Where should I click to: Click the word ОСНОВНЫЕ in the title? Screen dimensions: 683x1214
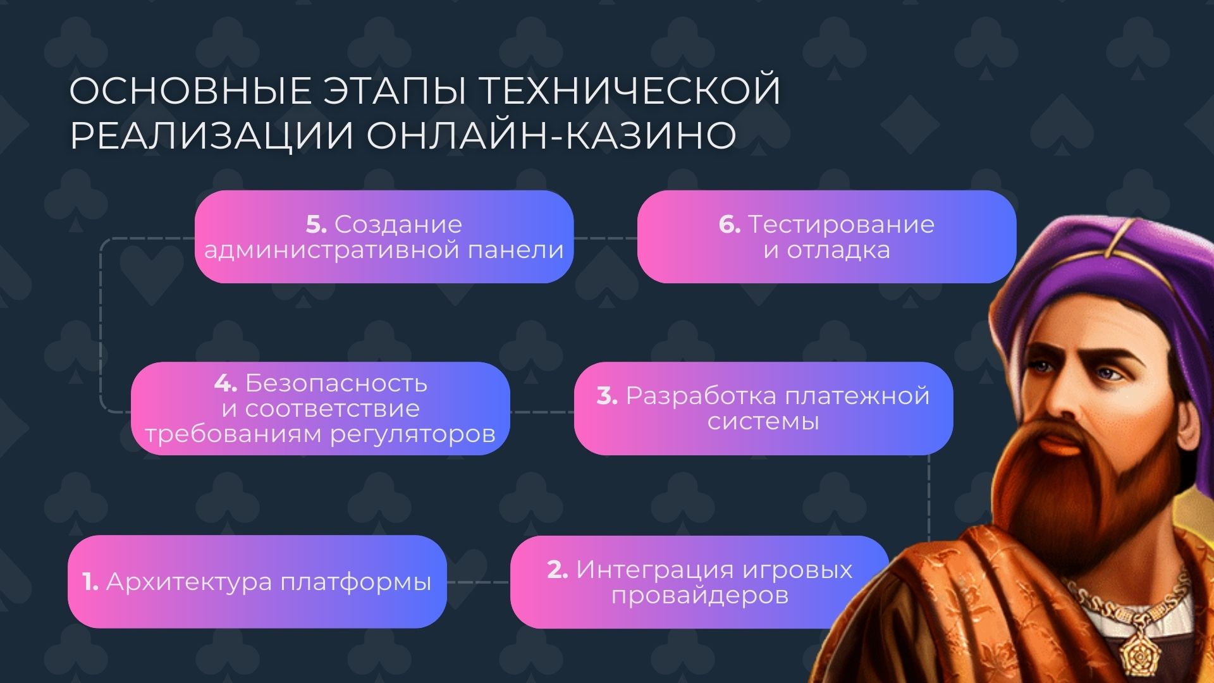click(x=190, y=91)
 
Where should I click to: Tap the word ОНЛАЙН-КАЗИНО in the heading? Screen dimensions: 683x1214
click(x=551, y=135)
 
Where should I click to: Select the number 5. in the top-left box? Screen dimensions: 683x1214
click(x=316, y=225)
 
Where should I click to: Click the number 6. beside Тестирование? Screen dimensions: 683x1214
click(x=729, y=225)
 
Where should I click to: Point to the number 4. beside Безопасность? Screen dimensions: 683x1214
click(x=225, y=383)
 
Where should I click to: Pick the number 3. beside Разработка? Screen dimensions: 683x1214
click(x=607, y=396)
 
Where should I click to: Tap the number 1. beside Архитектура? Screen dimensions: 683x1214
click(x=90, y=582)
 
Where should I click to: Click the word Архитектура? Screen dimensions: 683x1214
click(x=189, y=582)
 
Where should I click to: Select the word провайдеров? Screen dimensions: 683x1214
click(x=700, y=596)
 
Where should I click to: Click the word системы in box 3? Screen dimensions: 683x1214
click(x=763, y=422)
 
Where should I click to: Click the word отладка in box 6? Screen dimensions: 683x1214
click(x=838, y=250)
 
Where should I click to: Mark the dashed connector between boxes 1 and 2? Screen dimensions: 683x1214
click(x=479, y=582)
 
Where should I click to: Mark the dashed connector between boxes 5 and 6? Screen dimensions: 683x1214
click(x=605, y=238)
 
